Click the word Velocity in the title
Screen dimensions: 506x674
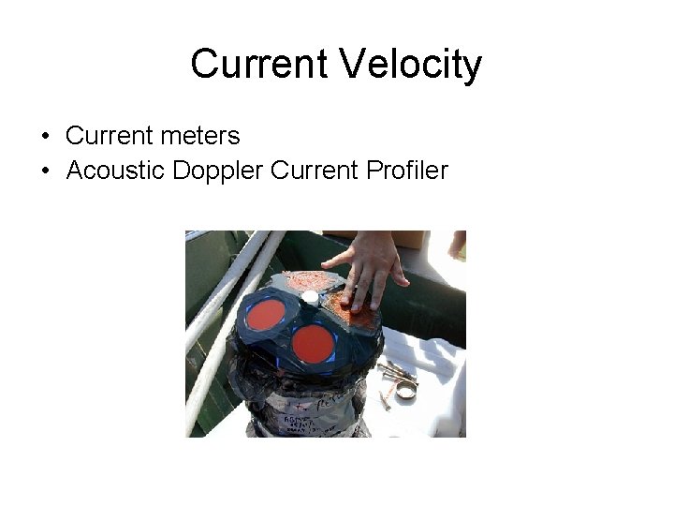coord(410,65)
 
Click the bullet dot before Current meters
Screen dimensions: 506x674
coord(45,137)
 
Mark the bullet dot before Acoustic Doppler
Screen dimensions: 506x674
coord(45,171)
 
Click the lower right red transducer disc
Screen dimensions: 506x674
coord(313,343)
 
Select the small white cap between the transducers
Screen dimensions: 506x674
coord(310,298)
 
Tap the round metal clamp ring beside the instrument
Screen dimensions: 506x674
coord(405,387)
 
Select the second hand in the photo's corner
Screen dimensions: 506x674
coord(457,245)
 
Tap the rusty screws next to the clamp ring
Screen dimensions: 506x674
coord(386,394)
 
